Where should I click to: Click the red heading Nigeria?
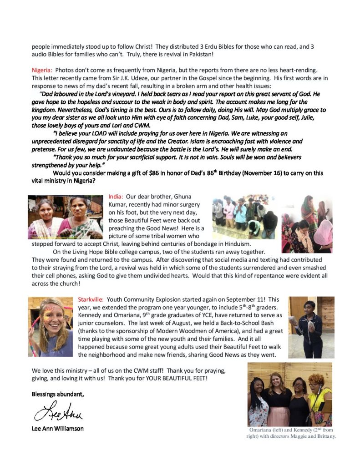(42, 70)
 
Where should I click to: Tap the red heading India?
(116, 197)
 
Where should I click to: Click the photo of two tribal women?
(66, 217)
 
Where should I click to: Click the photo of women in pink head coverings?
(307, 224)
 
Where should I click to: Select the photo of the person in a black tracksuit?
(311, 327)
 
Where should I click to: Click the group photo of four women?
(290, 394)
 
